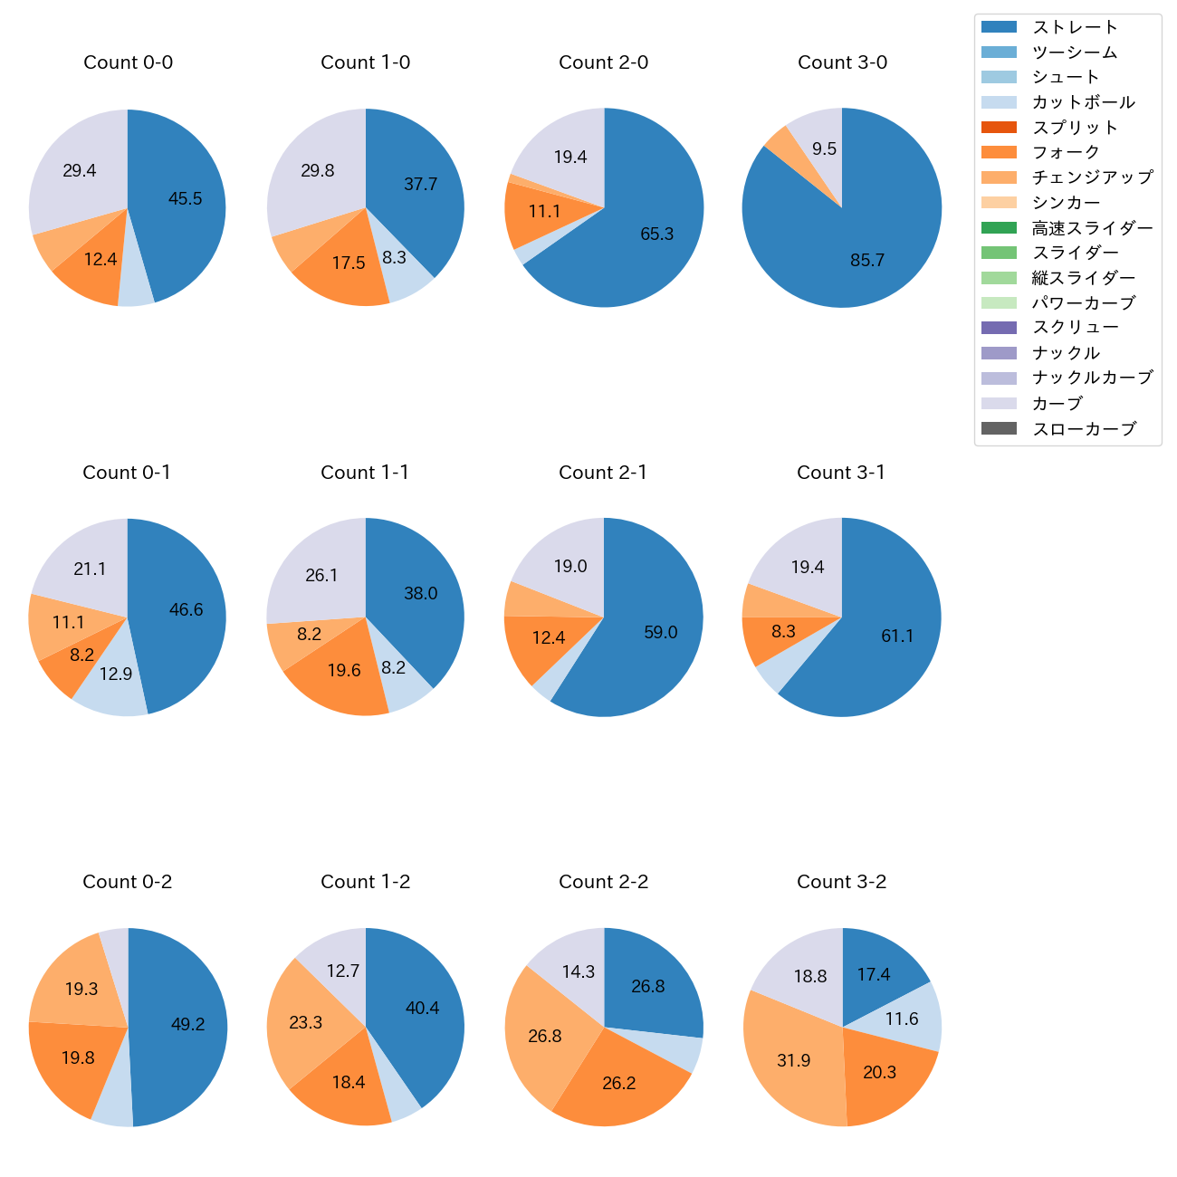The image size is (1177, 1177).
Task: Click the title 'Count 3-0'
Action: pyautogui.click(x=842, y=62)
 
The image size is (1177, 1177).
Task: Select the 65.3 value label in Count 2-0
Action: pyautogui.click(x=656, y=234)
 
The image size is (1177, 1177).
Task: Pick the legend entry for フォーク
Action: pyautogui.click(x=1066, y=152)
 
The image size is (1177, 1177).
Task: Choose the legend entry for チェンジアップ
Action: pyautogui.click(x=1092, y=177)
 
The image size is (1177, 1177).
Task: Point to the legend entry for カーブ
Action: pyautogui.click(x=1057, y=403)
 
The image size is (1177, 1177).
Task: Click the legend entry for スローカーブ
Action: pyautogui.click(x=1084, y=428)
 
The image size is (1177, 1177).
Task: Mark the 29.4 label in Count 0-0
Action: pyautogui.click(x=80, y=171)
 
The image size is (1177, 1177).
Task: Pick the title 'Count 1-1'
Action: pyautogui.click(x=365, y=473)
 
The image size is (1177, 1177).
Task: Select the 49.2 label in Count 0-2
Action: pyautogui.click(x=187, y=1025)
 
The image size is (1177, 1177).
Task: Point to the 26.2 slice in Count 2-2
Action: pyautogui.click(x=620, y=1082)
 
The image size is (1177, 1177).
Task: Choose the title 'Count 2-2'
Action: pyautogui.click(x=603, y=882)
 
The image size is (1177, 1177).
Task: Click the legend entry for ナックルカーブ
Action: pyautogui.click(x=1092, y=378)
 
